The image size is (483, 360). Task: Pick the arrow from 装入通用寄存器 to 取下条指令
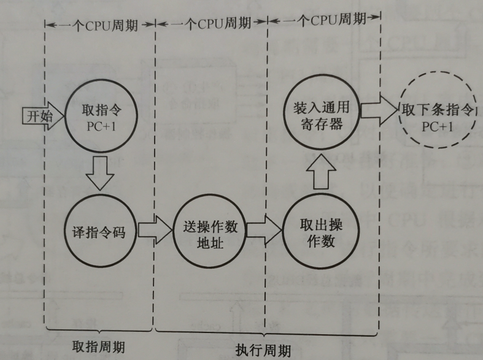tap(376, 109)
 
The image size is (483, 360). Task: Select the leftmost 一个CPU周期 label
tap(99, 25)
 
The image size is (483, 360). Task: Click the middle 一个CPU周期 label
tap(210, 24)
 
